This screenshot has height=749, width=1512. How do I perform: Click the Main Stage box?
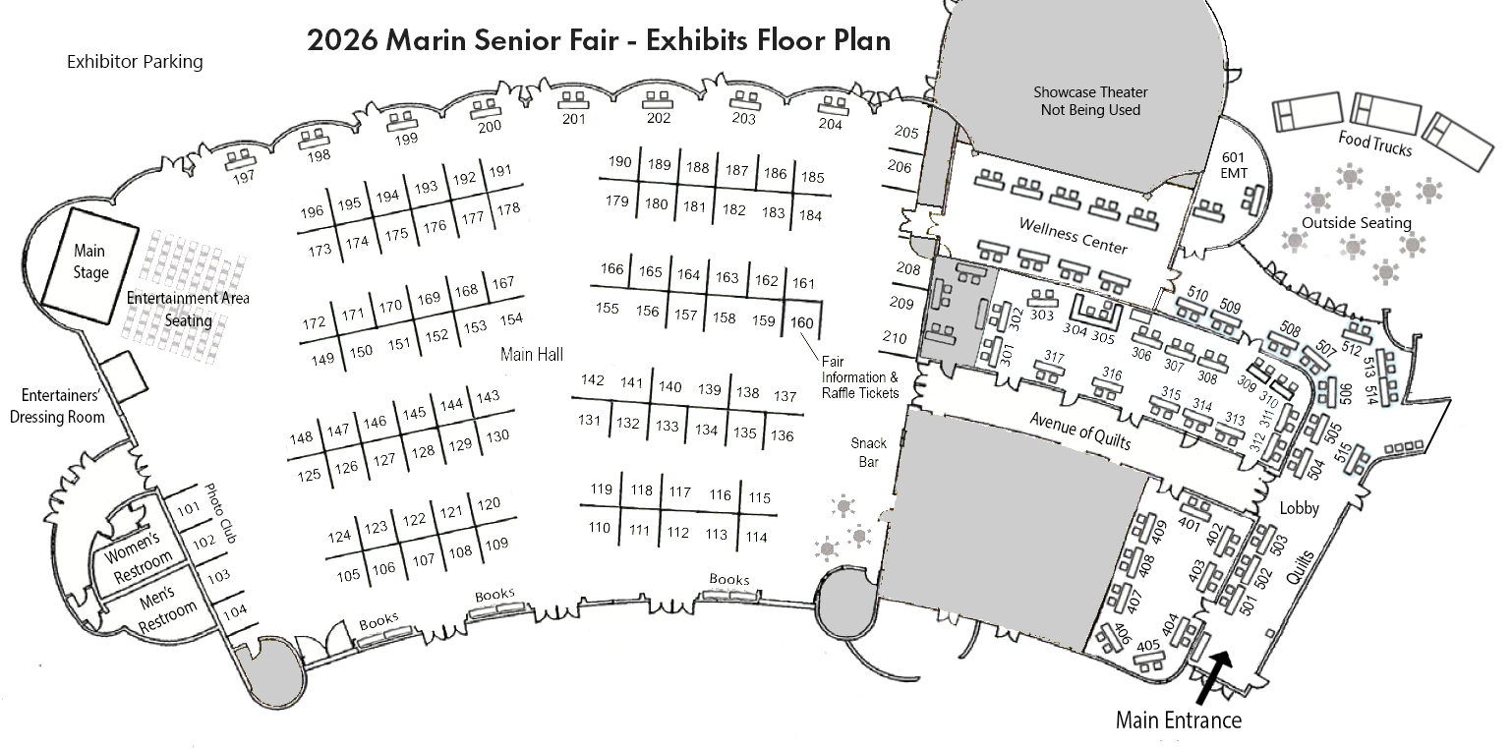(89, 265)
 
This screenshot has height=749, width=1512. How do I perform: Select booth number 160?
(802, 323)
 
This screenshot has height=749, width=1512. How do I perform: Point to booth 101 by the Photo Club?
(189, 508)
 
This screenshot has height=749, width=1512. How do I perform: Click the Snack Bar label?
(869, 453)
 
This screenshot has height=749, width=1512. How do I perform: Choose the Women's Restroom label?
(138, 556)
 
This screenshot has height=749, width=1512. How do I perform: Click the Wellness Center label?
(1073, 236)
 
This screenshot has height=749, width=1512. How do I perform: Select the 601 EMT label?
(1233, 165)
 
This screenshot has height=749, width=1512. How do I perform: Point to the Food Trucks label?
(1375, 144)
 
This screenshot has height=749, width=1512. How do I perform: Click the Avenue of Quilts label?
(1080, 431)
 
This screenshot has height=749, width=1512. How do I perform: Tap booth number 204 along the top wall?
(831, 124)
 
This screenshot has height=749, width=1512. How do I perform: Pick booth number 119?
(601, 489)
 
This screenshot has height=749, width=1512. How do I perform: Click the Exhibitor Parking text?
(135, 62)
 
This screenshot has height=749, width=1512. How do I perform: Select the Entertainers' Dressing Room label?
(57, 406)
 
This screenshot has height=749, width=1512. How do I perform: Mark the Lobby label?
(1300, 508)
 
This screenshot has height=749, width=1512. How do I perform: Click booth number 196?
(312, 212)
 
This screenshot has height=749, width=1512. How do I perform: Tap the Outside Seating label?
(1356, 223)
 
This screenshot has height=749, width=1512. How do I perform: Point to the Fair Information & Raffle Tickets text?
(860, 377)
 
